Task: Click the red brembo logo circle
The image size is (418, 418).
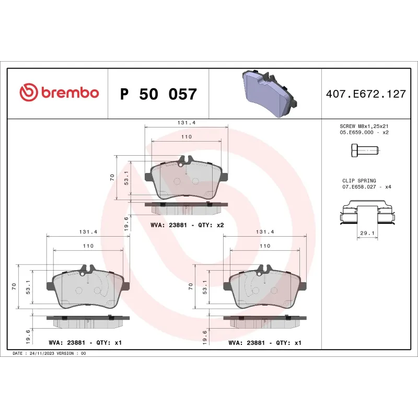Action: (29, 92)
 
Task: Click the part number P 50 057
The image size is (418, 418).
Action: (158, 95)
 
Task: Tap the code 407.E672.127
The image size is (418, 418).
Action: (366, 95)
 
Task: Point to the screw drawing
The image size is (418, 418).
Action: (363, 151)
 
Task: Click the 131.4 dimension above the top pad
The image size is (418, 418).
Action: (186, 123)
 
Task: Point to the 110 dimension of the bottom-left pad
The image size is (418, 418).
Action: (88, 246)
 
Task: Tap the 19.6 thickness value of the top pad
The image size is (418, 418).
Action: (127, 222)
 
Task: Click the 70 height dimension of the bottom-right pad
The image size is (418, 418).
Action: (191, 286)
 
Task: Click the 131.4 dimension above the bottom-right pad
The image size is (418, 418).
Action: (264, 232)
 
